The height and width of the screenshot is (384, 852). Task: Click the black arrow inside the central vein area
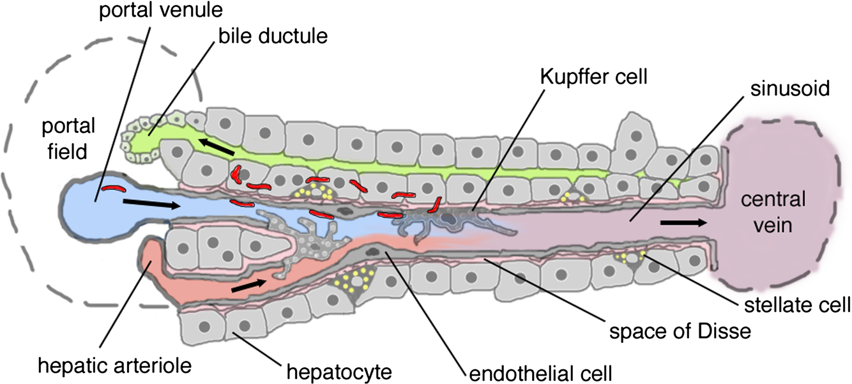pyautogui.click(x=683, y=223)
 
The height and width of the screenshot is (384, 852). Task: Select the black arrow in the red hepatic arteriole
pyautogui.click(x=249, y=286)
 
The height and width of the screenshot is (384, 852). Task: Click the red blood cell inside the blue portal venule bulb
pyautogui.click(x=115, y=188)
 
